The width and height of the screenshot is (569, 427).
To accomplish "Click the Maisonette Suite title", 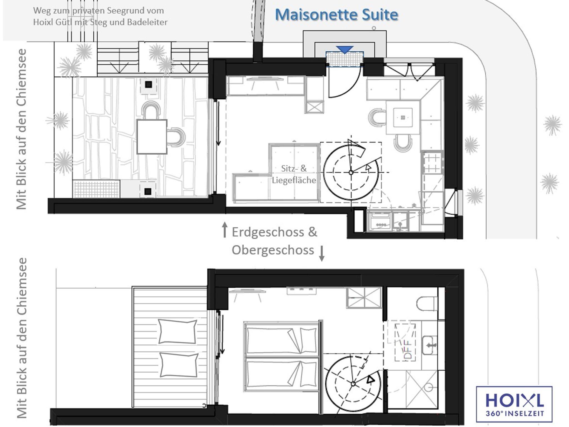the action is tap(336, 15).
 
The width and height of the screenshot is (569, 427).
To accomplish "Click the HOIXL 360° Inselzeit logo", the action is tap(514, 404).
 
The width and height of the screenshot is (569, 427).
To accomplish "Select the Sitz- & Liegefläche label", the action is tap(294, 174).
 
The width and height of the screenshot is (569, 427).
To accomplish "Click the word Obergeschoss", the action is tap(273, 250).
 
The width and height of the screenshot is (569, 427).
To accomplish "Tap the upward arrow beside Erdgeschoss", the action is tap(224, 229).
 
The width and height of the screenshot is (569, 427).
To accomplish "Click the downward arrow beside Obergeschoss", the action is tap(321, 253).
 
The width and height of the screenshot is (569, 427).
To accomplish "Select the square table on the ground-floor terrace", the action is tap(152, 137).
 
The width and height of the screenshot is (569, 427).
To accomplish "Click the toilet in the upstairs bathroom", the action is tap(427, 303).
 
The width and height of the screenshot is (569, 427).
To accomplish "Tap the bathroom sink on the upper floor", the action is tap(429, 345).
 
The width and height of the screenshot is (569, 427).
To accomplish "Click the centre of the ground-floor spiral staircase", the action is tap(351, 172).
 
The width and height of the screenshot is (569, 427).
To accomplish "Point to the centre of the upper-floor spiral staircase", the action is tap(353, 384).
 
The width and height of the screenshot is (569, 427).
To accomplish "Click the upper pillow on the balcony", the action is tap(177, 331).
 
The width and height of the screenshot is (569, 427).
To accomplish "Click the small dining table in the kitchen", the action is tap(403, 118).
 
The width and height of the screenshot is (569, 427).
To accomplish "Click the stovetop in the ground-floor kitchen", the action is tap(432, 163).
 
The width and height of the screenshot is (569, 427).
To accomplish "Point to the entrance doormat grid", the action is tap(345, 59).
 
